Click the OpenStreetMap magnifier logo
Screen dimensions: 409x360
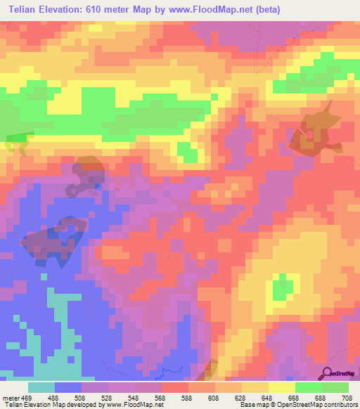click(x=326, y=373)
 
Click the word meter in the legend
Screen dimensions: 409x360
click(x=11, y=398)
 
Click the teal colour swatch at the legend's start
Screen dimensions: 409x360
click(x=41, y=387)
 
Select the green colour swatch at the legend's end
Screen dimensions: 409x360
click(x=335, y=387)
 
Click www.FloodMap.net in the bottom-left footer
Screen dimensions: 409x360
click(x=132, y=405)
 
